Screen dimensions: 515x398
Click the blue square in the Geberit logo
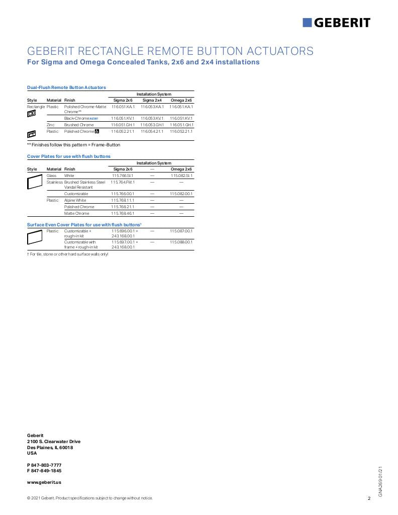tap(307, 23)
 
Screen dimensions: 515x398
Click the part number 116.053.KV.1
tap(152, 118)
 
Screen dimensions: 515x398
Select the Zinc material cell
tap(51, 125)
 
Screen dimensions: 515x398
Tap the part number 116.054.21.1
tap(152, 131)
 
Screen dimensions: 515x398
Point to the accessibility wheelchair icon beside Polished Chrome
tap(97, 131)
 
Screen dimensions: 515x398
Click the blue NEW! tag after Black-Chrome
tap(93, 118)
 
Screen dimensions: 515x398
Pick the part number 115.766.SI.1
tap(123, 176)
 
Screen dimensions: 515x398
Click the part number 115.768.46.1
tap(123, 213)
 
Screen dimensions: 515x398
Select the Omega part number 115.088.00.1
tap(181, 242)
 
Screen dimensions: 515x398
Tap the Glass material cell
tap(51, 176)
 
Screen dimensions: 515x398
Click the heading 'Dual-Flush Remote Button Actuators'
tap(66, 88)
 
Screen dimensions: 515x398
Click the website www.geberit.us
tap(44, 482)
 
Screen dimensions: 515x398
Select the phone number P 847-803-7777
tap(44, 465)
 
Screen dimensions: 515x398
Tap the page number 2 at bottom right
tap(369, 498)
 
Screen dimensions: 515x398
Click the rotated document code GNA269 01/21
tap(380, 481)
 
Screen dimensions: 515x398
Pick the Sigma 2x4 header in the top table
tap(152, 100)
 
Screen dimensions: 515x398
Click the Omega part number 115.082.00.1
tap(181, 194)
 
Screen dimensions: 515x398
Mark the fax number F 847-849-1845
tap(44, 471)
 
